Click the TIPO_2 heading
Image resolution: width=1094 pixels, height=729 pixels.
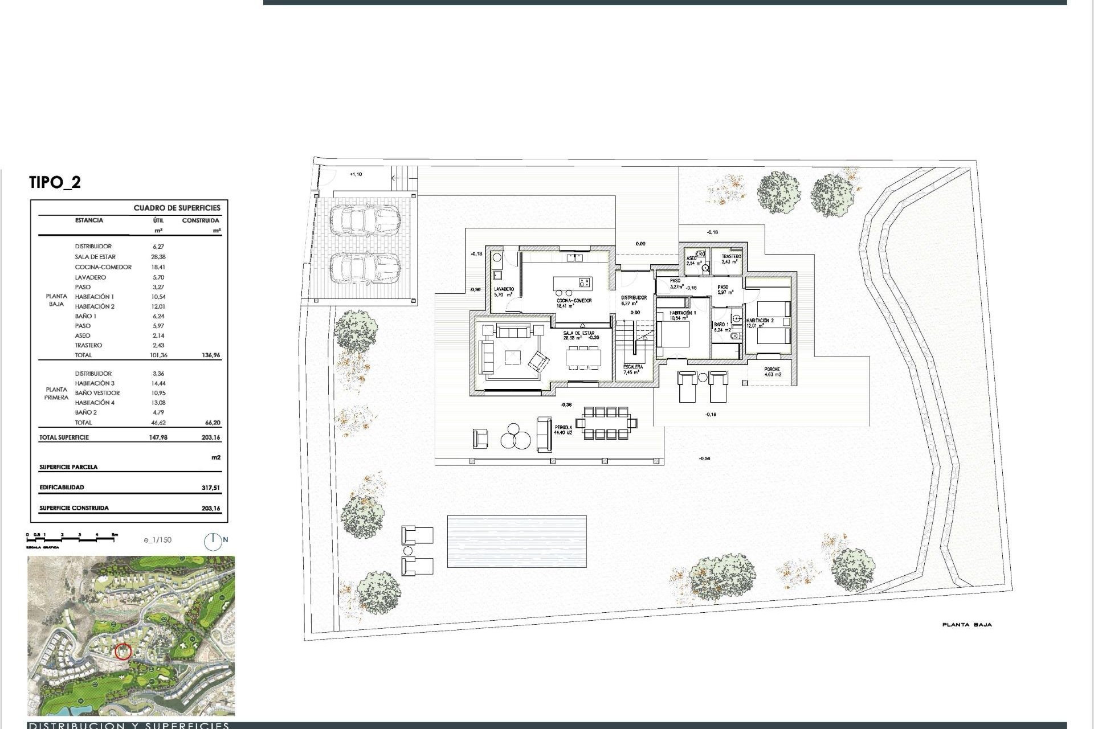[55, 182]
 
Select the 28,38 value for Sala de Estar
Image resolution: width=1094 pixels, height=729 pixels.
[158, 257]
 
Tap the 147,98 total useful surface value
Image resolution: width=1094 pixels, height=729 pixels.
[158, 437]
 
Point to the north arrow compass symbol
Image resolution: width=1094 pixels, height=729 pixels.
[213, 540]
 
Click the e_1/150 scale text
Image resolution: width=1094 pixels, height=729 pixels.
[158, 540]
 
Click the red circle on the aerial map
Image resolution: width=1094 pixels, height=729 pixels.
[123, 651]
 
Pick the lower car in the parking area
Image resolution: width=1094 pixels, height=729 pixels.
[365, 268]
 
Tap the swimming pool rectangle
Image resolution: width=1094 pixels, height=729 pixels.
[517, 541]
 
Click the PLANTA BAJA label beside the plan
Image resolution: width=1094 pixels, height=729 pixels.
[967, 625]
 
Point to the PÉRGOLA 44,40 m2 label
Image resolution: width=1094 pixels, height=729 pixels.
[563, 429]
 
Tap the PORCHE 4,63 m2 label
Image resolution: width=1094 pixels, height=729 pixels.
[772, 372]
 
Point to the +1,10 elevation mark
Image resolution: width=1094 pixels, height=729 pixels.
[355, 174]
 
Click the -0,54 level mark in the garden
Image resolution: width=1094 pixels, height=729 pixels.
[705, 458]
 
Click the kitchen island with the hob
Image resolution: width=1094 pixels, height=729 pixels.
[573, 282]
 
